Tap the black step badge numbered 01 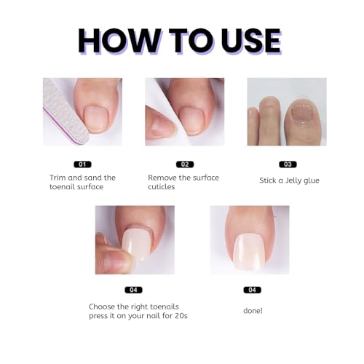82,165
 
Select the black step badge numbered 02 185,165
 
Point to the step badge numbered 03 288,165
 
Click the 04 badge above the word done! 253,290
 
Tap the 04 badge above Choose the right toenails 133,290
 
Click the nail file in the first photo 65,112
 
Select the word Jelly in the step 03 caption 292,181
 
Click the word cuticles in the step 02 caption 162,187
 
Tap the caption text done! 253,311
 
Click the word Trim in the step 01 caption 58,178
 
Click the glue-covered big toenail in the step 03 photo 302,114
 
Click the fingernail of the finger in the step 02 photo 161,126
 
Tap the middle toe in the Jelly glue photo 269,120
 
